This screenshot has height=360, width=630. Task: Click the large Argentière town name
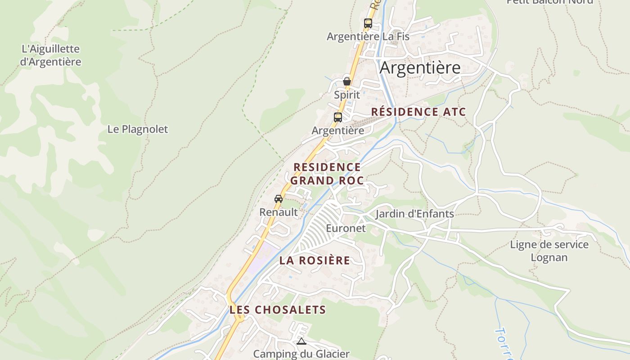coord(420,67)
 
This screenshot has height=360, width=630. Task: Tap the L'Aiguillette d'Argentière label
coord(50,55)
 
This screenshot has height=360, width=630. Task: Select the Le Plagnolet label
coord(137,129)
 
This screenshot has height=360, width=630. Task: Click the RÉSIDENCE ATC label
coord(418,112)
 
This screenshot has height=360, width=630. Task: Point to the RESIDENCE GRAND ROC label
coord(327,174)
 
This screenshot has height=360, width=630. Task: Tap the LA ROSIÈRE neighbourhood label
coord(315,260)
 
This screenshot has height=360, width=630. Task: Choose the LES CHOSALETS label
coord(277,310)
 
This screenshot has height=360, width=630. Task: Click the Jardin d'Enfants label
coord(414,213)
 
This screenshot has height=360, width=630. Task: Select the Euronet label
coord(346,228)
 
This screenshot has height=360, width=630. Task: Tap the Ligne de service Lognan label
coord(549,251)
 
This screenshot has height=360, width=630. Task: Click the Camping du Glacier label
coord(301,354)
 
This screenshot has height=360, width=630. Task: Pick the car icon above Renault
coord(279,198)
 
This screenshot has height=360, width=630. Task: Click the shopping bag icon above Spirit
coord(347,81)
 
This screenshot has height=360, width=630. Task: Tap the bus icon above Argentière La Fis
coord(368,23)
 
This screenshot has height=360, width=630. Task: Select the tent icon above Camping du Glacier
coord(301,342)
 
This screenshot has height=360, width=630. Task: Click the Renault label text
coord(279,212)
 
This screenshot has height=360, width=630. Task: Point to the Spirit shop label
coord(347,95)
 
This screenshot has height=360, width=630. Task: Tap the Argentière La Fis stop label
coord(368,36)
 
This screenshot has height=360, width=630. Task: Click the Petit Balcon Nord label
coord(549,2)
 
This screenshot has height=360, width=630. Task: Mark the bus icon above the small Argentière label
coord(338,117)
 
